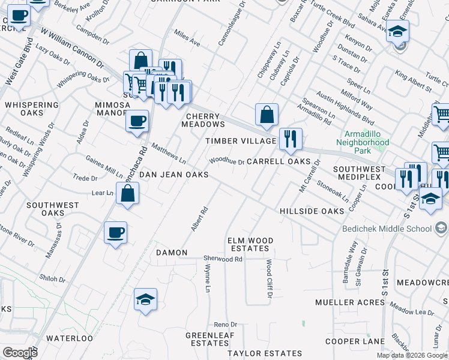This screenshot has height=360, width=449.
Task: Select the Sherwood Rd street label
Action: click(223, 259)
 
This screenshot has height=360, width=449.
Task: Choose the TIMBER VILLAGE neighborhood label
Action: click(241, 141)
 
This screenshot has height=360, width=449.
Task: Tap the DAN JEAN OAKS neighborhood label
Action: click(173, 175)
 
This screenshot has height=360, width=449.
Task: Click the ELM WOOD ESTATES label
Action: click(250, 244)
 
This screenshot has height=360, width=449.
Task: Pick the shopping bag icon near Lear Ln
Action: click(128, 194)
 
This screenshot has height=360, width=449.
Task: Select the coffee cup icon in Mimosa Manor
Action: click(137, 121)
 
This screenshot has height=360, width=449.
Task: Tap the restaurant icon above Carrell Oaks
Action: click(291, 139)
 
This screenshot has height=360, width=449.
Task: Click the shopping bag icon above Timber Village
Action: click(267, 114)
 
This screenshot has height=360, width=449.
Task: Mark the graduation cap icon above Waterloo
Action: click(145, 299)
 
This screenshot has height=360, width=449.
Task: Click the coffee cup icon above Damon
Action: click(116, 232)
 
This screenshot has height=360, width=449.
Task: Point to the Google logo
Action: click(20, 353)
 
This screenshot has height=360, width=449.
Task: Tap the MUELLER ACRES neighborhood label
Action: click(350, 302)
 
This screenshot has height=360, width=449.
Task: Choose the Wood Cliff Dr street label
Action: click(270, 279)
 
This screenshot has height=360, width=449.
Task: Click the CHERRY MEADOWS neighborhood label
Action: click(205, 120)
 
